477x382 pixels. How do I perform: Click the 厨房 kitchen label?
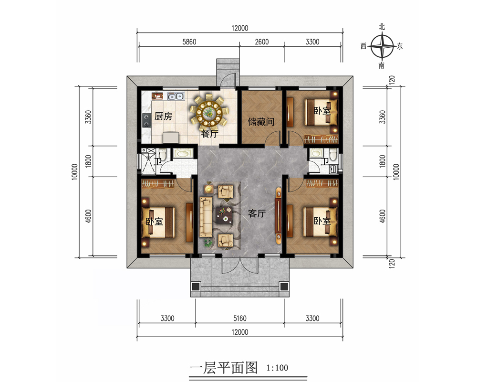pos(163,116)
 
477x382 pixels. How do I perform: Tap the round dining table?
pos(209,112)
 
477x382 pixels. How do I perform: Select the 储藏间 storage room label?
pos(261,122)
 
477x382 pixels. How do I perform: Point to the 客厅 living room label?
pos(257,213)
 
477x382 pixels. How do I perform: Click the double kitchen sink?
pos(176,96)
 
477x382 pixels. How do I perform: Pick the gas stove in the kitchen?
pos(146,120)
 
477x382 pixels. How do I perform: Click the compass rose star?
pos(383,46)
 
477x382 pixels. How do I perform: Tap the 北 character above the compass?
pos(382,27)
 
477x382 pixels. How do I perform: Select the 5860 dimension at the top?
pos(189,42)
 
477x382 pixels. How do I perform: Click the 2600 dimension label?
pos(261,42)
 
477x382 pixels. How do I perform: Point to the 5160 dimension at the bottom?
pos(240,318)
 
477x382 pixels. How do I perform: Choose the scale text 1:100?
pos(277,368)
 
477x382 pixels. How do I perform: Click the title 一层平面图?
pos(224,368)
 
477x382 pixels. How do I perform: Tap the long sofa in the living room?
pos(206,217)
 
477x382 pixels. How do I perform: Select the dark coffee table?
pos(224,216)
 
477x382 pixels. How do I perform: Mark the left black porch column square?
pos(196,286)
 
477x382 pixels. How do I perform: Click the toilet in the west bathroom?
pos(162,154)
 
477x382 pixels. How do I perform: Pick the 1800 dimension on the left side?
pos(88,161)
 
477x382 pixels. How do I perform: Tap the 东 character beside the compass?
pos(399,46)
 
